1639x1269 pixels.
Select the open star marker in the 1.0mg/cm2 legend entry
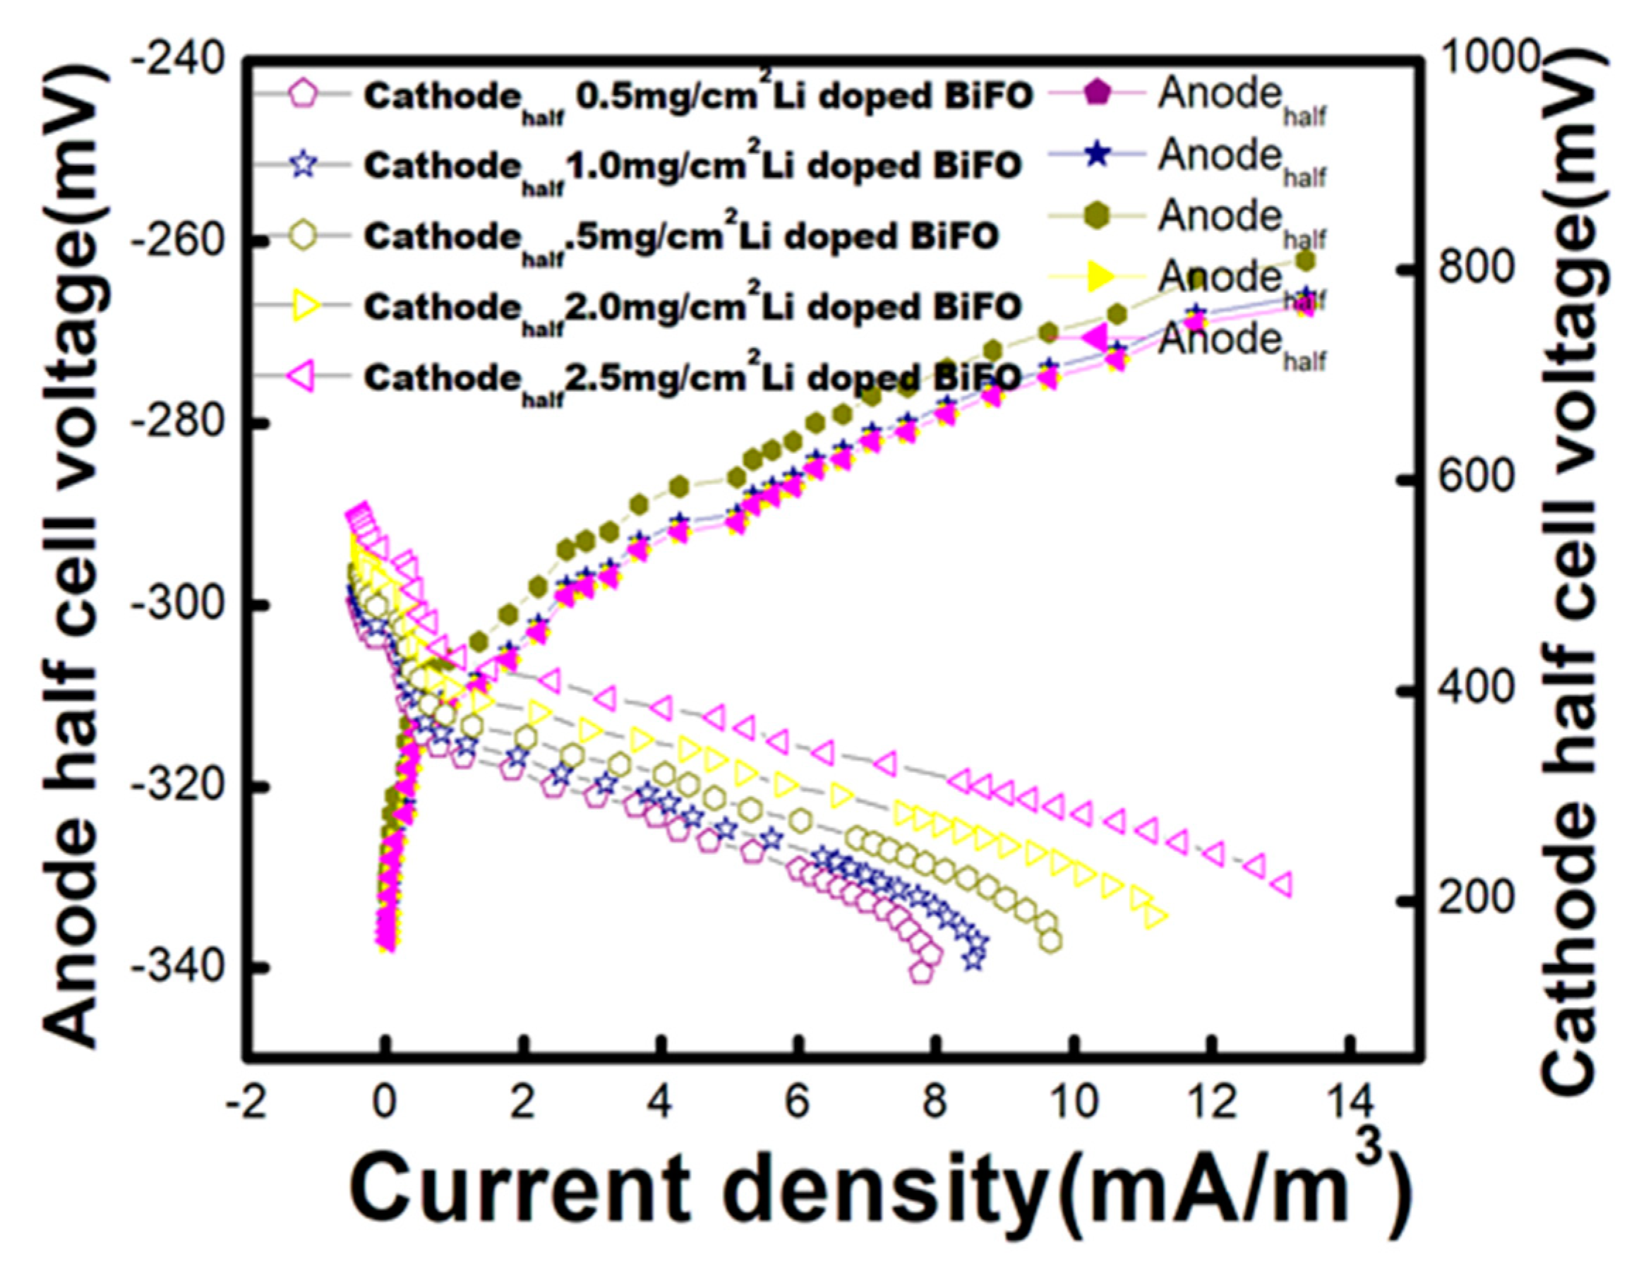pyautogui.click(x=304, y=164)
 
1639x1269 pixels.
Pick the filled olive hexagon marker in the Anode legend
pyautogui.click(x=1096, y=216)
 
